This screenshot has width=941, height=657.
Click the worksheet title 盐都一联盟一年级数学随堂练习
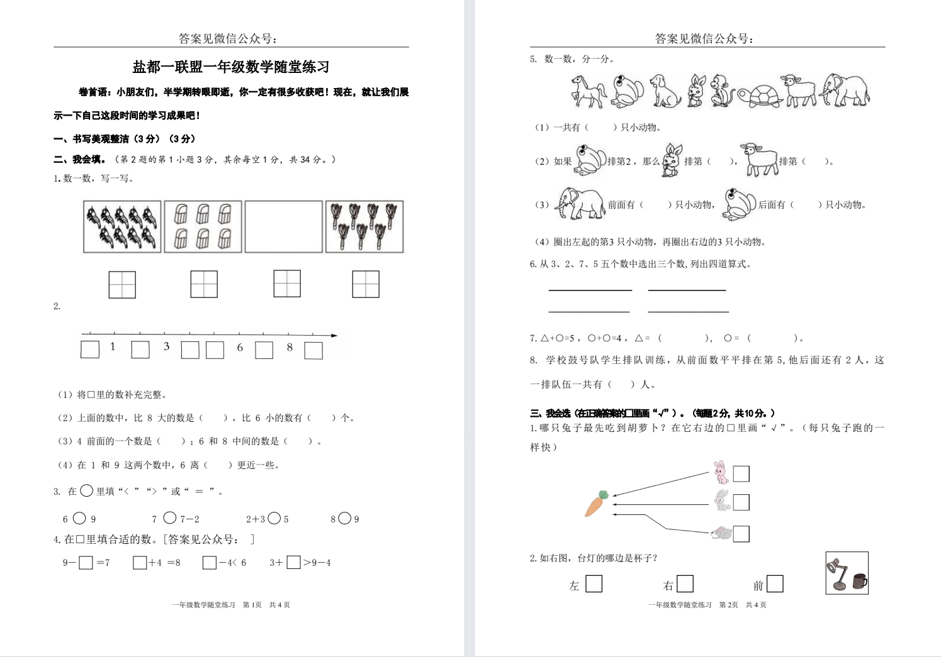(x=231, y=67)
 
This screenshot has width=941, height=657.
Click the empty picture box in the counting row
(x=283, y=227)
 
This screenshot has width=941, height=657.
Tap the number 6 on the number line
(x=240, y=347)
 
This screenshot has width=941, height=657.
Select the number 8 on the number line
(x=290, y=347)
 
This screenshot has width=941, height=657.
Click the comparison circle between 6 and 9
(x=79, y=518)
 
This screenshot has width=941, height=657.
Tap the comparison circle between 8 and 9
(x=344, y=518)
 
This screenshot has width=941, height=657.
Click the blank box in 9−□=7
(x=86, y=563)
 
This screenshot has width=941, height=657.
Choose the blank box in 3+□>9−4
(x=293, y=562)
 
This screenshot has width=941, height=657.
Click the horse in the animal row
(x=588, y=91)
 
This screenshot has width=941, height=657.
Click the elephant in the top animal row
(x=844, y=91)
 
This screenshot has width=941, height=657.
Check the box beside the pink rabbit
(x=741, y=473)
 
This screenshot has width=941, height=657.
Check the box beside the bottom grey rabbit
(x=741, y=534)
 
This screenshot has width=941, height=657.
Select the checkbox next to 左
(x=594, y=584)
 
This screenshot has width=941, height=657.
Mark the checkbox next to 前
(x=775, y=584)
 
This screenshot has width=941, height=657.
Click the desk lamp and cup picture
(x=847, y=573)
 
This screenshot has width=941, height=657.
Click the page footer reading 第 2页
(x=728, y=605)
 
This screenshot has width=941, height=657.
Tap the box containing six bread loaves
(x=203, y=227)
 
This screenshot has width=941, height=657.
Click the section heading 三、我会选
(x=550, y=413)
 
